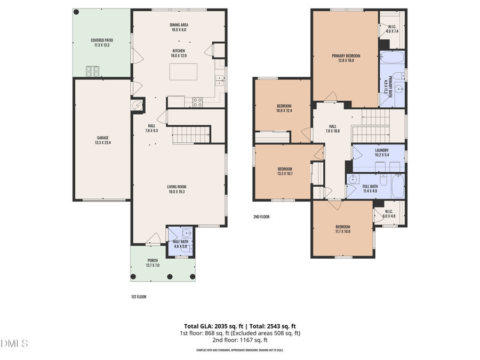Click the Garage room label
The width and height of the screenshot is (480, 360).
tap(102, 140)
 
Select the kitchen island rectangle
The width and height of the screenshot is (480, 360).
tap(183, 71)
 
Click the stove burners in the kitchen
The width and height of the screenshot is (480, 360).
tap(197, 102)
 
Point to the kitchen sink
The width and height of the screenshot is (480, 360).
tap(219, 81)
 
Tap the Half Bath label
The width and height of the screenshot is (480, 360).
tap(180, 244)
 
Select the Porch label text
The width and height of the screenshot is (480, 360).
tap(153, 262)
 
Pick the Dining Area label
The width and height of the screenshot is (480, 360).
tap(179, 27)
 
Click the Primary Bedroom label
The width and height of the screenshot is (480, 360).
tap(346, 58)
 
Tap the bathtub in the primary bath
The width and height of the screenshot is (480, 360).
tap(393, 59)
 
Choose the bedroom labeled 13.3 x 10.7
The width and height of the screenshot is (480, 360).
tap(285, 171)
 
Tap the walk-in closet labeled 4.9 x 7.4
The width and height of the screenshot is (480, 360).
tap(392, 29)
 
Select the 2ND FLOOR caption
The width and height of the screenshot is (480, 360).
tap(261, 217)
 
